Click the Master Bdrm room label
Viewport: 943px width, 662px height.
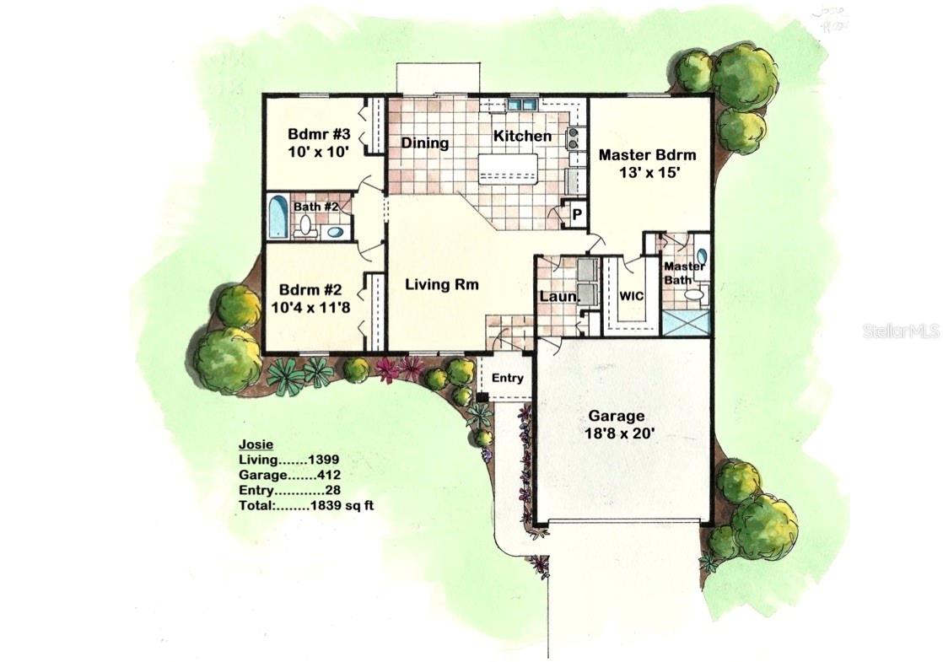(x=647, y=155)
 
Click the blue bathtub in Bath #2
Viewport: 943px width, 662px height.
(x=278, y=218)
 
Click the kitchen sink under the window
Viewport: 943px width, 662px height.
(x=522, y=105)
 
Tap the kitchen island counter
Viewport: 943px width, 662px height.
(x=508, y=168)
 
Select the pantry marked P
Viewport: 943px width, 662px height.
(x=577, y=215)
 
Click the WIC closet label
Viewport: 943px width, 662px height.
(x=632, y=297)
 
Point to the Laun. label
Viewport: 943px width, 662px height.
(x=559, y=298)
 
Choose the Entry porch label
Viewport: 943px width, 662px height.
(x=507, y=378)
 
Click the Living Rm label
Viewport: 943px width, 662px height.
(x=441, y=284)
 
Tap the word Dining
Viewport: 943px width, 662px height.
(x=424, y=143)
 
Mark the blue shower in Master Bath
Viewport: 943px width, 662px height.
(x=686, y=323)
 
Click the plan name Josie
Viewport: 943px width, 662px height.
(x=256, y=444)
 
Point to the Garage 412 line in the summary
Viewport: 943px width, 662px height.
(x=289, y=476)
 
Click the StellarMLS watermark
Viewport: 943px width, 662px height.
(x=901, y=331)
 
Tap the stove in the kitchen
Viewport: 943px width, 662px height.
(x=573, y=138)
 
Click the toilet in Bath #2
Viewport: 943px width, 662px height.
(x=305, y=224)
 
